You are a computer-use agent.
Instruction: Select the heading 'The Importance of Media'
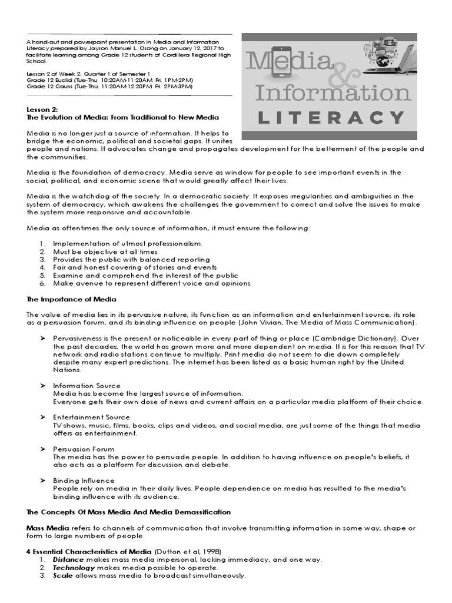(71, 300)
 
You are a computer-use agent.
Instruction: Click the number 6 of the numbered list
(42, 283)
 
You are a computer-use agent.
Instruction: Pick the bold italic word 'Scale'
(63, 575)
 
